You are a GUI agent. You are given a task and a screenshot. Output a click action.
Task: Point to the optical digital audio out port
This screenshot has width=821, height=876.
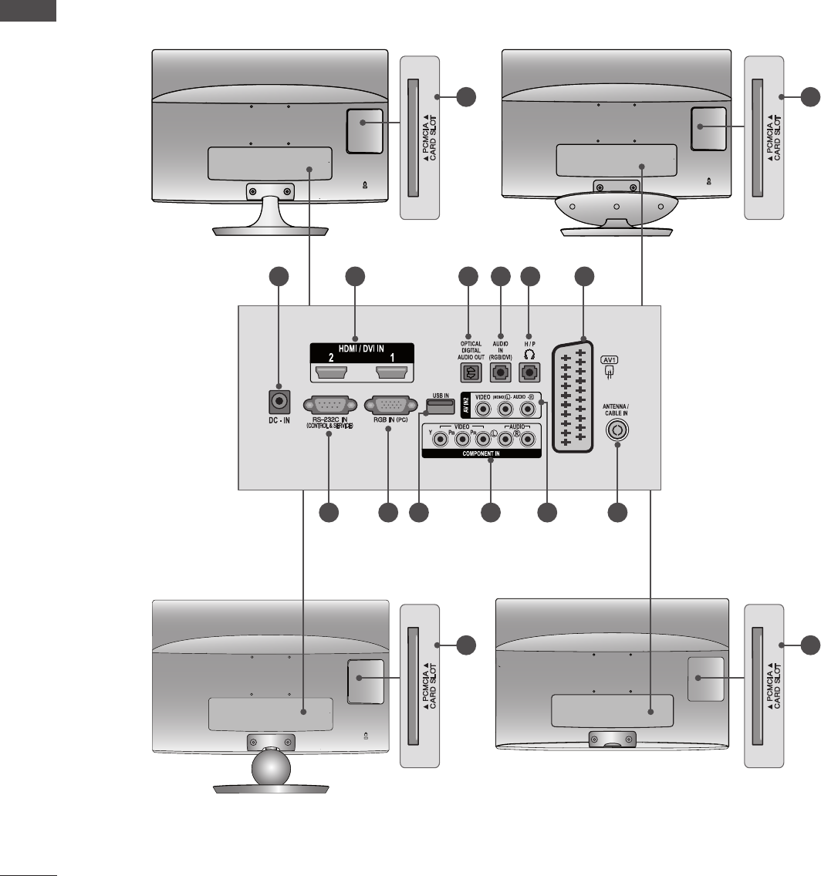tap(470, 372)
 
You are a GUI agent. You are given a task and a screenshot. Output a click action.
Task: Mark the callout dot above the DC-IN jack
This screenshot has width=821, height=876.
tap(279, 278)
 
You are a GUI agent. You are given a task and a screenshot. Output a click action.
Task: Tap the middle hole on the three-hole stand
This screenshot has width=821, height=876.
tap(617, 207)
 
